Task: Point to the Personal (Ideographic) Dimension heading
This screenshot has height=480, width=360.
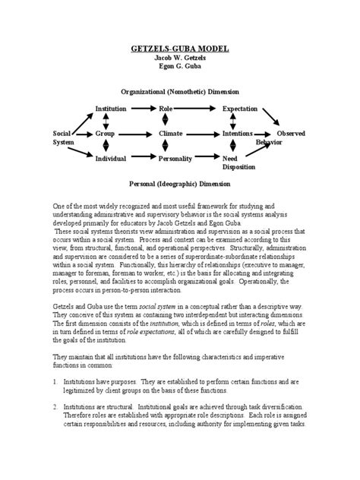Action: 180,184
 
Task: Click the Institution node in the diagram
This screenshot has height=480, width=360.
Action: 111,109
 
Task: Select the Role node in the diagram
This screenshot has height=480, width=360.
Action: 166,109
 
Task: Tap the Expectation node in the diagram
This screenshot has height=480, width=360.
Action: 240,109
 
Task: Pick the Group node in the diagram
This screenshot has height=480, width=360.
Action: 105,134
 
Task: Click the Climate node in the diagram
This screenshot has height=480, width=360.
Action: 171,134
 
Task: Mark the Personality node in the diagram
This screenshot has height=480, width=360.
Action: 175,159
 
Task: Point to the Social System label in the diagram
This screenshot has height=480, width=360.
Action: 64,137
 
